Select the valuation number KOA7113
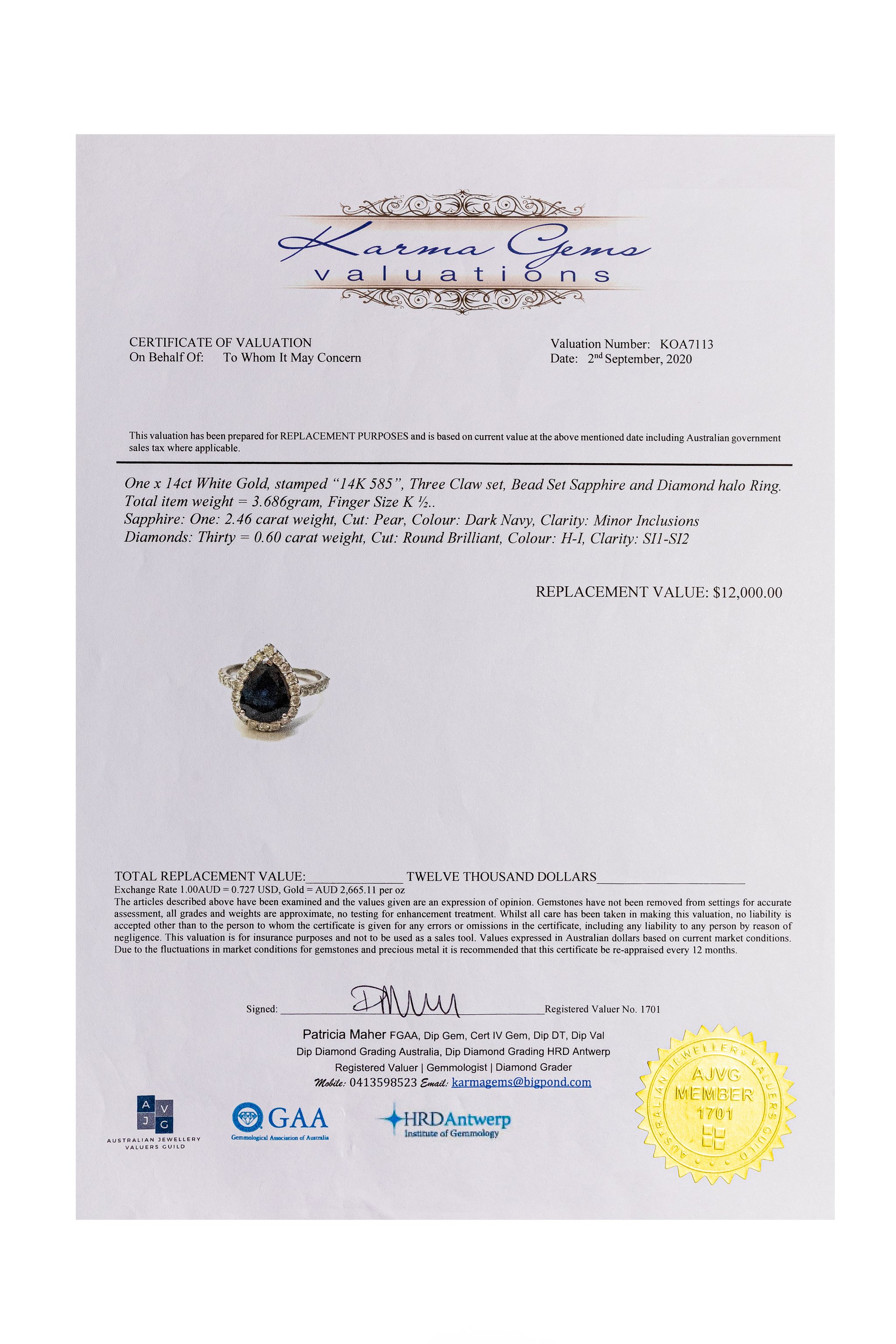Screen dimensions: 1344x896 pyautogui.click(x=686, y=344)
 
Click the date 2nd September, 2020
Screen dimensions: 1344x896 pyautogui.click(x=640, y=359)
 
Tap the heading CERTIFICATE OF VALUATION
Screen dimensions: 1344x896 pyautogui.click(x=220, y=342)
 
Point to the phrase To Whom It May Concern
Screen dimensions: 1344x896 pyautogui.click(x=292, y=358)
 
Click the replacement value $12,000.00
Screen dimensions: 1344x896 pyautogui.click(x=747, y=592)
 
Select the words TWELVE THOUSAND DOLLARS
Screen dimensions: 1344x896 pyautogui.click(x=501, y=877)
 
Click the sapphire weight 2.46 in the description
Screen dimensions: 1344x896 pyautogui.click(x=238, y=520)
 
